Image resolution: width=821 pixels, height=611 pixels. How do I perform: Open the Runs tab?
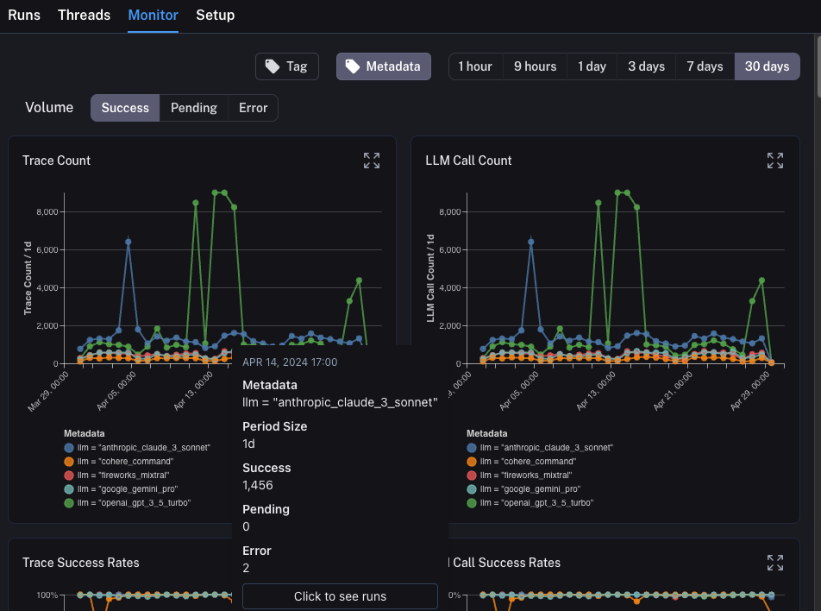point(24,15)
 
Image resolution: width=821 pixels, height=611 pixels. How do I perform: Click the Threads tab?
point(84,15)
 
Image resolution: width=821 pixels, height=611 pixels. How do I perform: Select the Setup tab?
point(215,15)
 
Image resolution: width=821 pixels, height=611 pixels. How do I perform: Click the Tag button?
point(286,66)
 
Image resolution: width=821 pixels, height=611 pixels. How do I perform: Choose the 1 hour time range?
point(475,66)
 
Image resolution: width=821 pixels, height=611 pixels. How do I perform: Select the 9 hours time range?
point(535,66)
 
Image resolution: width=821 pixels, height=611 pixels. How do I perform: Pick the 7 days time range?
point(705,66)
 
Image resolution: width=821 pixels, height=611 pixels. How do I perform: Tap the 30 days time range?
point(767,66)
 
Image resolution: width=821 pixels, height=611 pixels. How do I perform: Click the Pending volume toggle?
point(193,108)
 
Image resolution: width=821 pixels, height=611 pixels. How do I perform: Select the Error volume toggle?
point(253,108)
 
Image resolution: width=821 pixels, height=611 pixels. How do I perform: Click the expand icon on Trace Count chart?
point(372,161)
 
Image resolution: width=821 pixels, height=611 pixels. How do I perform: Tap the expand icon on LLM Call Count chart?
point(775,161)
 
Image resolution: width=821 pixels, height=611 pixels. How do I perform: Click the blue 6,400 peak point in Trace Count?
point(128,243)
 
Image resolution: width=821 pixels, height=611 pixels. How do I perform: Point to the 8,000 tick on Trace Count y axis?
point(46,211)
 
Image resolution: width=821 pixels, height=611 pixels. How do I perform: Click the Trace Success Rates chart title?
point(80,563)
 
